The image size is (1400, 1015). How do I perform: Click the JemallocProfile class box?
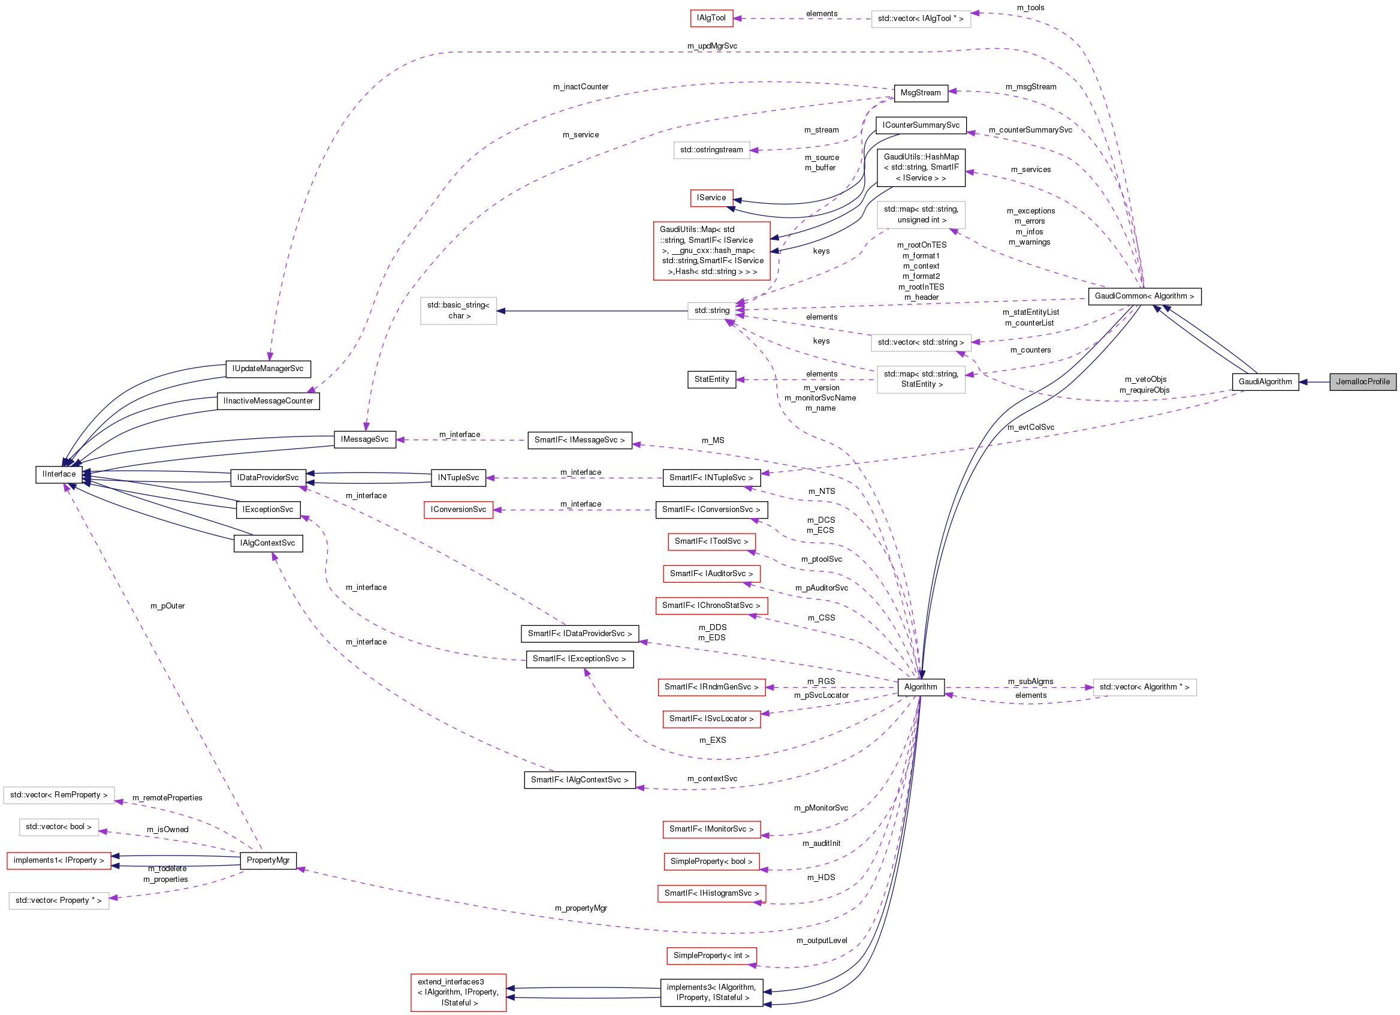click(x=1362, y=381)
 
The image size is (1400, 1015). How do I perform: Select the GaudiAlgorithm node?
click(x=1264, y=381)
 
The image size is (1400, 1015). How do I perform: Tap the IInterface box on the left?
click(x=59, y=474)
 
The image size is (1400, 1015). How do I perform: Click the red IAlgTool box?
click(x=711, y=18)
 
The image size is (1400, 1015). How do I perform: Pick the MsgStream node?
click(x=920, y=92)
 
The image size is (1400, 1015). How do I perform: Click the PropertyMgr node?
click(x=268, y=860)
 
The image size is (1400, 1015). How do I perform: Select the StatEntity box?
click(x=711, y=379)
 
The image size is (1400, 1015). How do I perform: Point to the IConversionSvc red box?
click(x=458, y=510)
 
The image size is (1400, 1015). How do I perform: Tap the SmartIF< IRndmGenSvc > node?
click(x=711, y=686)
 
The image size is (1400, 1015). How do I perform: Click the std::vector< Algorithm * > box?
click(x=1144, y=686)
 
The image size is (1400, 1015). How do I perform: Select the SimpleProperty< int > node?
click(x=711, y=955)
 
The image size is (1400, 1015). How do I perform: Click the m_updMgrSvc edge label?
click(x=712, y=46)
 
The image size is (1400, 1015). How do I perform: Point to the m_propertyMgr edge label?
click(x=580, y=908)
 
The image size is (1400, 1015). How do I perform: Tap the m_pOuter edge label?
click(x=167, y=606)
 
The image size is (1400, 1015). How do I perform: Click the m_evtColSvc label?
click(x=1030, y=427)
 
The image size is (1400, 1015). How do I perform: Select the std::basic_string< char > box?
click(x=458, y=311)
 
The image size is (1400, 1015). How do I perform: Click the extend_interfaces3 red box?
click(x=458, y=992)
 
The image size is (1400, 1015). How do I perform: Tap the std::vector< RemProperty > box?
click(x=59, y=794)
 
